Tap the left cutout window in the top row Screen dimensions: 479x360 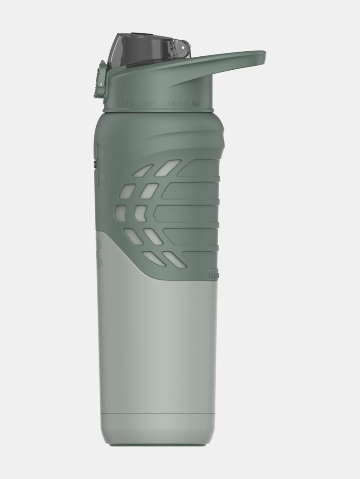click(x=143, y=171)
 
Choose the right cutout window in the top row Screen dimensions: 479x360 click(x=167, y=167)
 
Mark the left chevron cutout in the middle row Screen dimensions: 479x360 click(x=121, y=212)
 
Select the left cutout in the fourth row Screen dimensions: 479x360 click(x=133, y=235)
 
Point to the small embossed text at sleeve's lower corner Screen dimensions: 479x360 click(x=213, y=274)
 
